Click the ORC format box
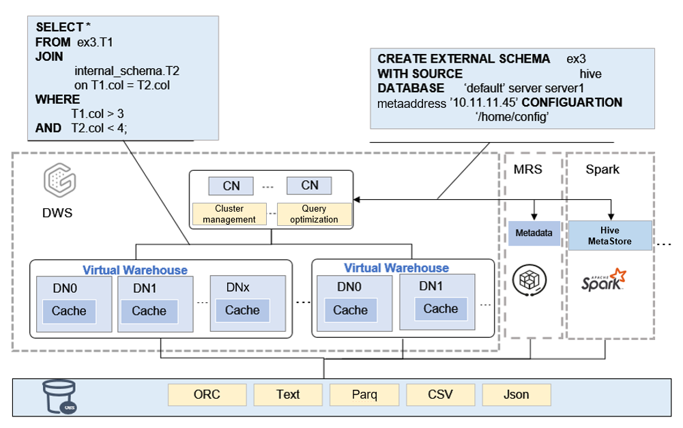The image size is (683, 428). click(207, 395)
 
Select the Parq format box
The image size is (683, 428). click(364, 395)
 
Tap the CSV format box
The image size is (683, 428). click(440, 395)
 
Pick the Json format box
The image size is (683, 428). click(517, 395)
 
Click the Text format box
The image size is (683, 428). click(288, 395)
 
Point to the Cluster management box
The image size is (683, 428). click(229, 214)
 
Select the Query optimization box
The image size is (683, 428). click(314, 214)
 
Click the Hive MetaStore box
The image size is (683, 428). click(610, 236)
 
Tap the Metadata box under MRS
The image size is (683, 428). click(534, 233)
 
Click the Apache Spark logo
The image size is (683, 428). click(604, 280)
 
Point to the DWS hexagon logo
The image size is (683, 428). click(59, 180)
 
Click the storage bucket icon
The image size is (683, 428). click(59, 397)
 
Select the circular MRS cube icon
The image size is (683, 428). click(529, 281)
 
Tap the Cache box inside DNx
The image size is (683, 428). click(242, 311)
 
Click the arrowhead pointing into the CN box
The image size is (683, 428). click(356, 199)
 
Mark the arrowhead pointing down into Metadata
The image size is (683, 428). click(534, 217)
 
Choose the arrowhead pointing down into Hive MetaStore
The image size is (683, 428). click(611, 217)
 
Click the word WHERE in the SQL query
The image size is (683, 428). click(57, 100)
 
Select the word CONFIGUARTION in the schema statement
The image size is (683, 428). click(572, 102)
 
